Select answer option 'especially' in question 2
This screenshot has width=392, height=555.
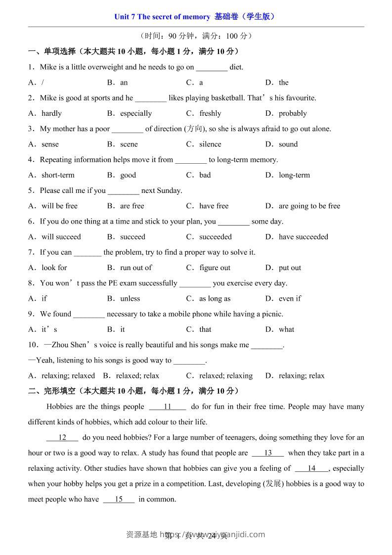(136, 113)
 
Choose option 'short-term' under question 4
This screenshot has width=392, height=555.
(58, 175)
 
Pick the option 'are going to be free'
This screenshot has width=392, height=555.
(309, 206)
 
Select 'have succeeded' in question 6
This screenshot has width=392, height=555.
(303, 237)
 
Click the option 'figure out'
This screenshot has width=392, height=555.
(215, 268)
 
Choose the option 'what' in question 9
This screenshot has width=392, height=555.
(286, 329)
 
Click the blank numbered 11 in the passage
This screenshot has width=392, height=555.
(167, 407)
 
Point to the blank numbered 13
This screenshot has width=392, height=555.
(268, 453)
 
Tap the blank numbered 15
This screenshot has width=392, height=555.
(119, 499)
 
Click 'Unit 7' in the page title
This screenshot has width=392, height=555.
(125, 17)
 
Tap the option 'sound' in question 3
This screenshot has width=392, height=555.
(288, 144)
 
